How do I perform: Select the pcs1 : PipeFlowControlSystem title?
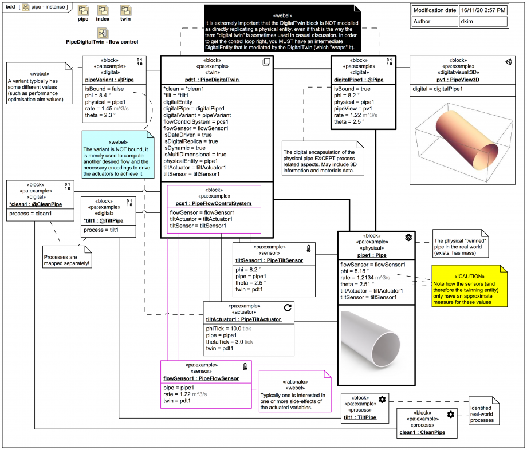(214, 203)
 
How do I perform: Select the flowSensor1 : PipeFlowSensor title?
(201, 378)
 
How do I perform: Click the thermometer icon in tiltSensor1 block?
(308, 249)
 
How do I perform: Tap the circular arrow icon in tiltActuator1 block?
(288, 308)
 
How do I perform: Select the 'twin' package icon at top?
(125, 11)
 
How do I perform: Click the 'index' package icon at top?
(103, 11)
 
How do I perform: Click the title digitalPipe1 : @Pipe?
(359, 80)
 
